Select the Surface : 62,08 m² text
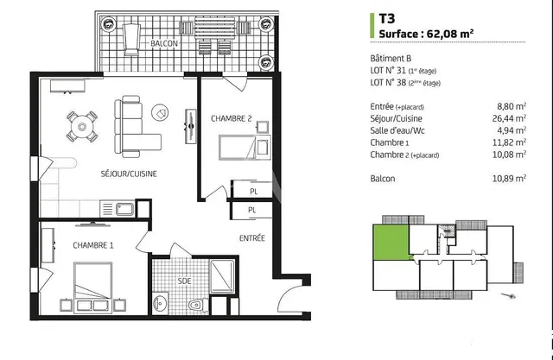[x=427, y=34]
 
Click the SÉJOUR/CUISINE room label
[x=127, y=174]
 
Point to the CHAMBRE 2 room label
[x=232, y=119]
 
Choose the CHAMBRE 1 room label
[x=93, y=244]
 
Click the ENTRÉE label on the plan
[x=252, y=237]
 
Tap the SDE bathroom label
[x=184, y=281]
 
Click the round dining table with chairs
[x=83, y=127]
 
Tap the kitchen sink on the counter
[x=123, y=208]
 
